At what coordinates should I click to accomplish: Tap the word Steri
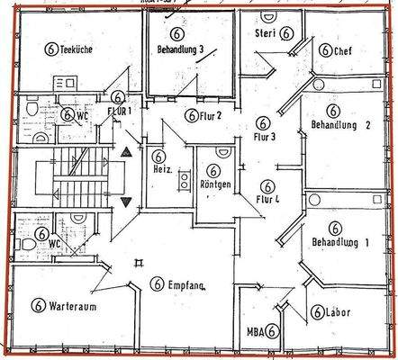[x=265, y=34]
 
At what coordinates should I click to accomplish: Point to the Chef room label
[x=342, y=51]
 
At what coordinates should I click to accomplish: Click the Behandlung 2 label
[x=340, y=125]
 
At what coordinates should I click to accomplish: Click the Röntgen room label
[x=216, y=185]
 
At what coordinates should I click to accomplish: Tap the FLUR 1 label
[x=119, y=112]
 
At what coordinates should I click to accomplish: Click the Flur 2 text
[x=206, y=115]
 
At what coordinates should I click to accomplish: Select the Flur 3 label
[x=265, y=138]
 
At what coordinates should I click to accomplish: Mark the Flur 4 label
[x=266, y=199]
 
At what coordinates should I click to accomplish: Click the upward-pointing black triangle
[x=125, y=155]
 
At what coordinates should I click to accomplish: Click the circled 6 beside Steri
[x=286, y=33]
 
